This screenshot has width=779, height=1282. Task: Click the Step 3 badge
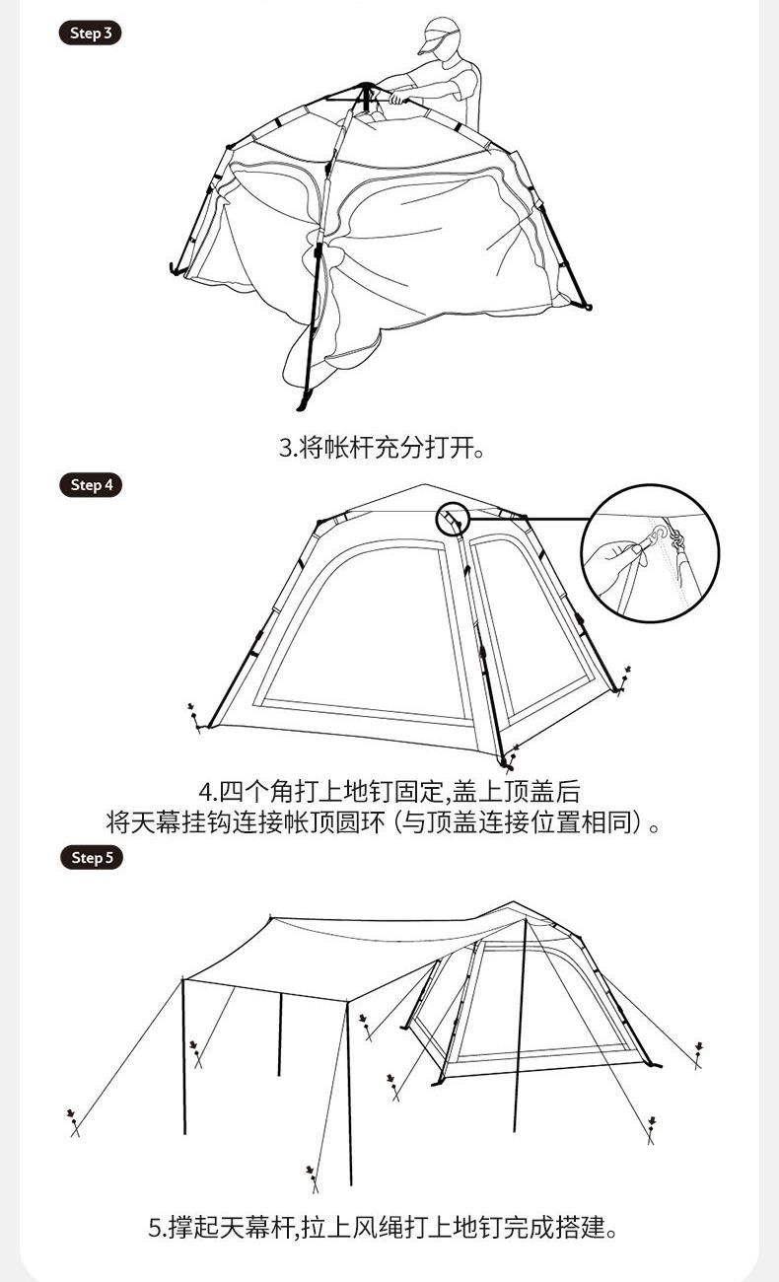[x=91, y=34]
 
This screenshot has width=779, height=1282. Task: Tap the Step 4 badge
[x=91, y=485]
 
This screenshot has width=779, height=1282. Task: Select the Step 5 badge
[x=92, y=857]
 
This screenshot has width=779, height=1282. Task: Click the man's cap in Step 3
[x=440, y=35]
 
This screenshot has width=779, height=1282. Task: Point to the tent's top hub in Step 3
[x=365, y=92]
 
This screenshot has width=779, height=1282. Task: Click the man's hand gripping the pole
[x=396, y=97]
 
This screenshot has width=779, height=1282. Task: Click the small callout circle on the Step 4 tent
[x=453, y=520]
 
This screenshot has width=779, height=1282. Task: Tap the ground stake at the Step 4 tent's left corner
[x=194, y=718]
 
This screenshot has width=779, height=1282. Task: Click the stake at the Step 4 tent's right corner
[x=624, y=679]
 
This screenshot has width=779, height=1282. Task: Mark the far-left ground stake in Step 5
[x=73, y=1122]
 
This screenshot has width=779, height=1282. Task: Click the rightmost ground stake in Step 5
[x=698, y=1055]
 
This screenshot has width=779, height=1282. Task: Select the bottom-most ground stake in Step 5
[x=312, y=1179]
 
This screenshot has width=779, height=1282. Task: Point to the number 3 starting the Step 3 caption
[x=286, y=448]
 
